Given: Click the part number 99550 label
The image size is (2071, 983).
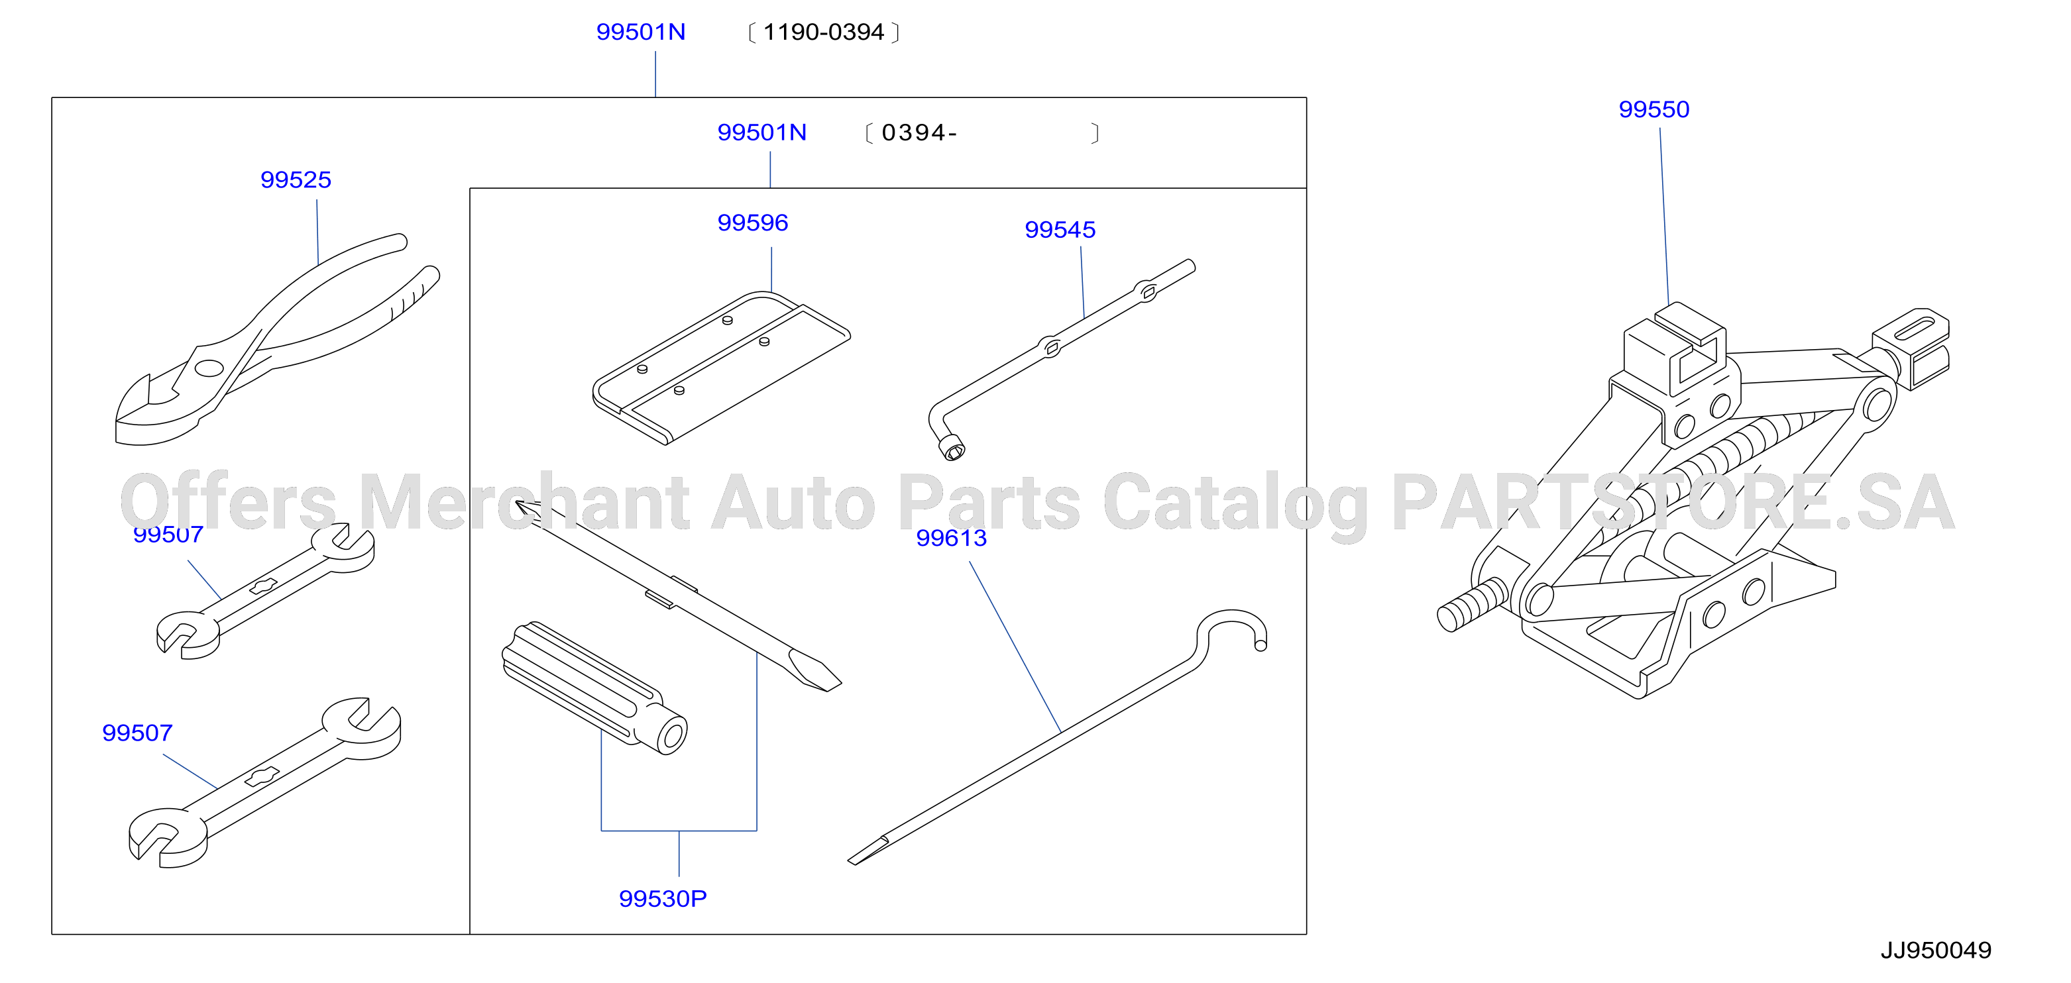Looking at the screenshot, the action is point(1653,109).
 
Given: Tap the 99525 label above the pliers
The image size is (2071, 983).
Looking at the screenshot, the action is point(296,180).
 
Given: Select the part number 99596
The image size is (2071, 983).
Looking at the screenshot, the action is point(752,223).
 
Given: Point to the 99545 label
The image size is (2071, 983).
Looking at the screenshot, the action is point(1060,230).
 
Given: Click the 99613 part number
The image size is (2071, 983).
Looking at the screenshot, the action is point(951,538).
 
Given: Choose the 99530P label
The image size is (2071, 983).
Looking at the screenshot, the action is point(663,899).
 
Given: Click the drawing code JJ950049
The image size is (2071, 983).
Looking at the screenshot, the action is point(1936,951).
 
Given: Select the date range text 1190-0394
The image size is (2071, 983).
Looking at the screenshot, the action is point(823,32).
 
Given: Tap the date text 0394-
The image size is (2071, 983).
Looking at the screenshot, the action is point(919,132).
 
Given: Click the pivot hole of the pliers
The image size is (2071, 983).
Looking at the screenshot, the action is point(209,368).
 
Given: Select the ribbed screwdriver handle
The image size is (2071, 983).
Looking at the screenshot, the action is point(594,687).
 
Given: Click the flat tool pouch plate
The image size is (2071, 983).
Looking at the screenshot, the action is point(721,368).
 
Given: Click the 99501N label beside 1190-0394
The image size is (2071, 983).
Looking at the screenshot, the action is point(641,32).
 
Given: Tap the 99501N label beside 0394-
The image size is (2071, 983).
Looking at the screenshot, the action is point(761,132).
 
